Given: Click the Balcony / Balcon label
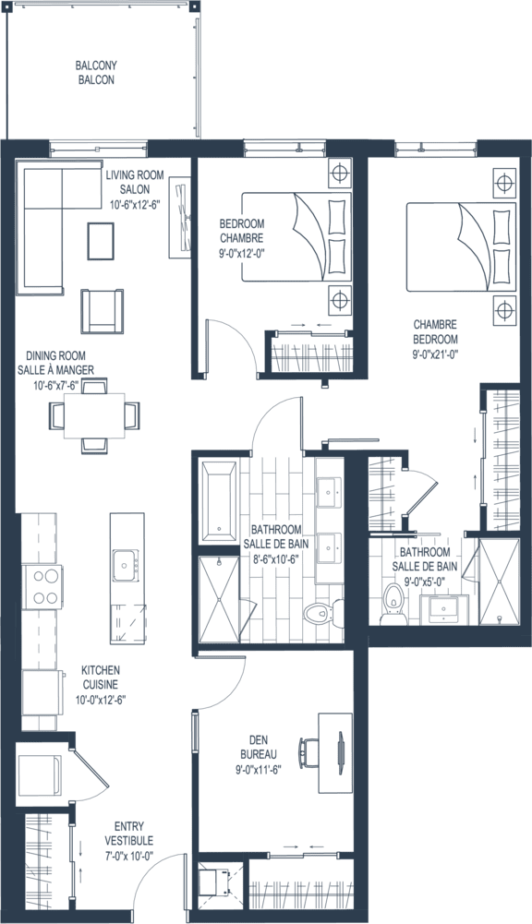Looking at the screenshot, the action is click(96, 73).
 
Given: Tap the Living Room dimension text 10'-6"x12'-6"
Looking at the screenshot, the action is click(135, 205).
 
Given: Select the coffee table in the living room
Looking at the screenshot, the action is click(101, 240).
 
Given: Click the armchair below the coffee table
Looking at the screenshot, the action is click(102, 311).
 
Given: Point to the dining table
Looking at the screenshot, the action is click(94, 416).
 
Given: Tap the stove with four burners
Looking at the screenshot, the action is click(42, 587).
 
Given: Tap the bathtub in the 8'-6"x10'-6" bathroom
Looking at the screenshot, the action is click(218, 501).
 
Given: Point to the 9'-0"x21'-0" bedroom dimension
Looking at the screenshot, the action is click(435, 354).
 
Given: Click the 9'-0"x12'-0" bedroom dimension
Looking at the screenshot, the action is click(241, 254).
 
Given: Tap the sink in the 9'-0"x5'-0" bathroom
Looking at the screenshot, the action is click(444, 608).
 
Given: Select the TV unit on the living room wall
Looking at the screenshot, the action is click(180, 218).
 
